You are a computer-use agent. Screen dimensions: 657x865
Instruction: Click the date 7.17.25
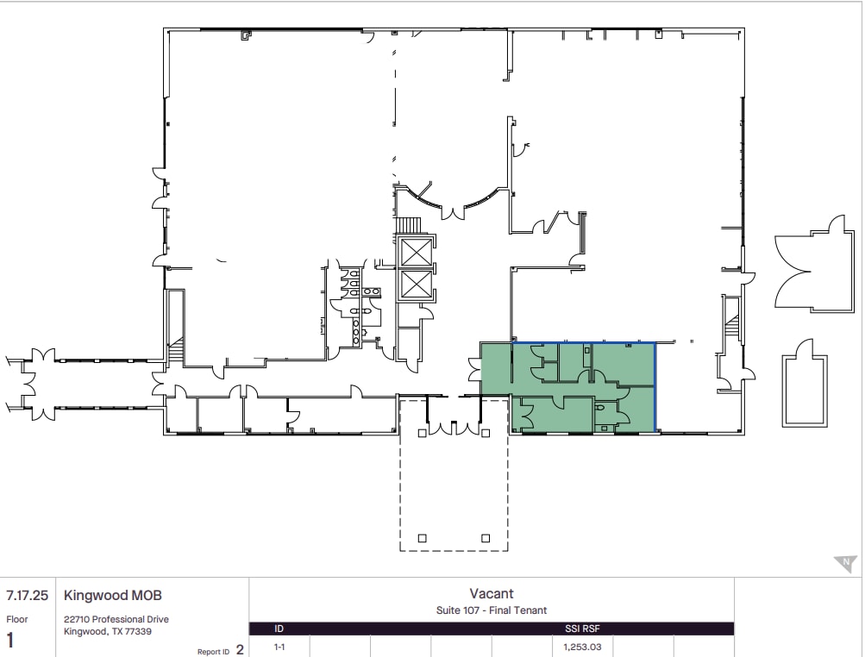click(x=27, y=596)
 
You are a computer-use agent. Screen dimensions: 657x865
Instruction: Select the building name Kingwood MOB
click(x=112, y=596)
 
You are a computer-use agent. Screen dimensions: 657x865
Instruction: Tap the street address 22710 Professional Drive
click(x=116, y=619)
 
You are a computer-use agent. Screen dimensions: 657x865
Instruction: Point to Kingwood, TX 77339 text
click(x=107, y=630)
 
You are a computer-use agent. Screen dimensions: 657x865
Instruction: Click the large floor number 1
click(x=11, y=641)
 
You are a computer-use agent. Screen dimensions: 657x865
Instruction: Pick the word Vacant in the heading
click(x=492, y=593)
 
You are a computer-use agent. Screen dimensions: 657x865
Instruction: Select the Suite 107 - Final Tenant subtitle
click(x=492, y=610)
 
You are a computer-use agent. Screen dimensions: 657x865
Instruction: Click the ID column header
click(x=279, y=629)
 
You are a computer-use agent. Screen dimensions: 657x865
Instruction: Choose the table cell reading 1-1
click(x=279, y=646)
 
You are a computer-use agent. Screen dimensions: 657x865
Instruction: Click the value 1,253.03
click(x=581, y=646)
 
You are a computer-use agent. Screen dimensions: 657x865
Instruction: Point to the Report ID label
click(x=213, y=652)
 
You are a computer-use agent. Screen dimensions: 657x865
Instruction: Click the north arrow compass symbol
click(x=845, y=564)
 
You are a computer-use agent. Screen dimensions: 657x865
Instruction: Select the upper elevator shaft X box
click(x=416, y=253)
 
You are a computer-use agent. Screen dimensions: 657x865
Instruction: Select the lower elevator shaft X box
click(x=416, y=284)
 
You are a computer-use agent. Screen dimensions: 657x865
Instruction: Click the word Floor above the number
click(x=17, y=619)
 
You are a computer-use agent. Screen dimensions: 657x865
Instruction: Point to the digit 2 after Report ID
click(x=240, y=651)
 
